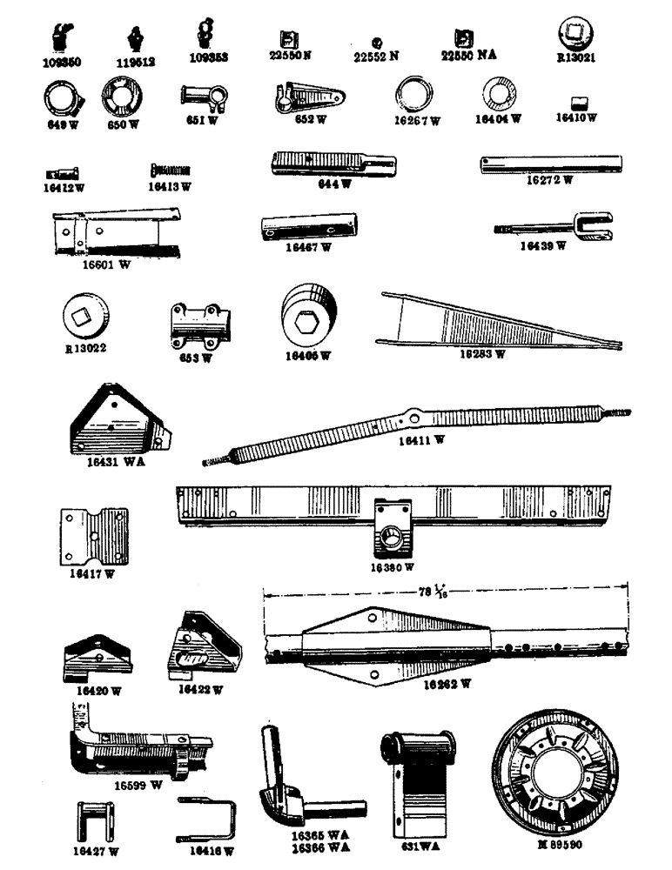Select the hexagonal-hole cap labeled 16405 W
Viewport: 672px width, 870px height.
point(306,319)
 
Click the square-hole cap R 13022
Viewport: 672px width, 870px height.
point(90,318)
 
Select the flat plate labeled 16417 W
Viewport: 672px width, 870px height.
point(94,537)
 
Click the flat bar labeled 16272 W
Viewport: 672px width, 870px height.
point(550,164)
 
